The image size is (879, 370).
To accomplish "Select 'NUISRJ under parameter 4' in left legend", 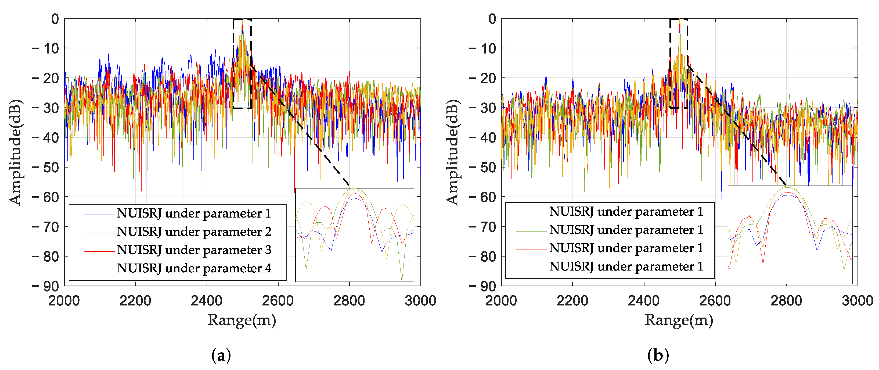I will [194, 269].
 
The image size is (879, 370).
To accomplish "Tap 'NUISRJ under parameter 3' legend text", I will [194, 250].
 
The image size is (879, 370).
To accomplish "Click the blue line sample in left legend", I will [99, 215].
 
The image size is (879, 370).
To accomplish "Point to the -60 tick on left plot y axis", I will [46, 197].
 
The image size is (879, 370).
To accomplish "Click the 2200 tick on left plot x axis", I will [135, 301].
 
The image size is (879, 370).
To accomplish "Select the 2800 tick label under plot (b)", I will [786, 301].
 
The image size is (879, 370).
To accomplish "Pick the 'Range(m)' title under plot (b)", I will [679, 321].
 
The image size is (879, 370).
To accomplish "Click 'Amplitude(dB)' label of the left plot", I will [15, 152].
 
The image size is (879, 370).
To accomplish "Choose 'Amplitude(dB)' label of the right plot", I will [452, 152].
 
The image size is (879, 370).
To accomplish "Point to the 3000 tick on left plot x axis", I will [420, 301].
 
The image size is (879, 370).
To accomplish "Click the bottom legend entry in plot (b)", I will [626, 267].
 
